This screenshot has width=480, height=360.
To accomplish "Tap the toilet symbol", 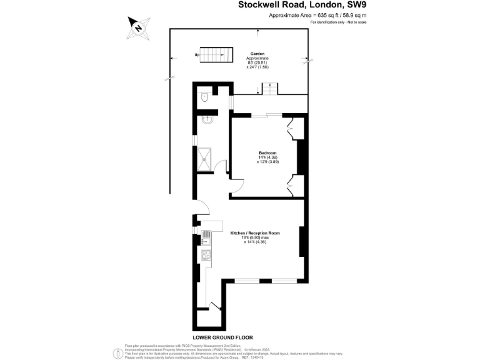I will pyautogui.click(x=205, y=97).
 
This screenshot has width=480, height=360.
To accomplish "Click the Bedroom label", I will pyautogui.click(x=268, y=152).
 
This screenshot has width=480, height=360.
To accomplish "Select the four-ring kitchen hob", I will pyautogui.click(x=206, y=254).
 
